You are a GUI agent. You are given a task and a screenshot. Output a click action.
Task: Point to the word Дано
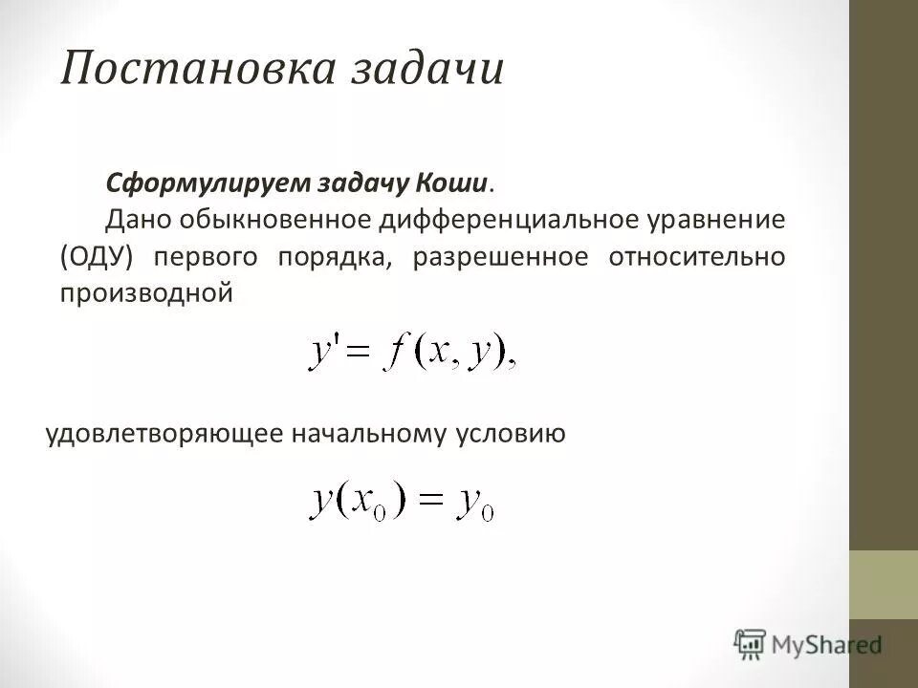click(x=134, y=219)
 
